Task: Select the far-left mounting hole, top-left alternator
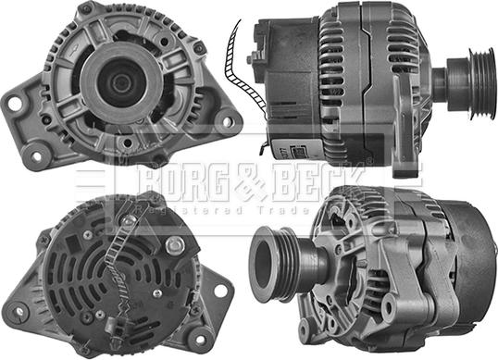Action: (15, 104)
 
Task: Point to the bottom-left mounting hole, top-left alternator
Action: (36, 155)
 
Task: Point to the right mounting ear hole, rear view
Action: (219, 290)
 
